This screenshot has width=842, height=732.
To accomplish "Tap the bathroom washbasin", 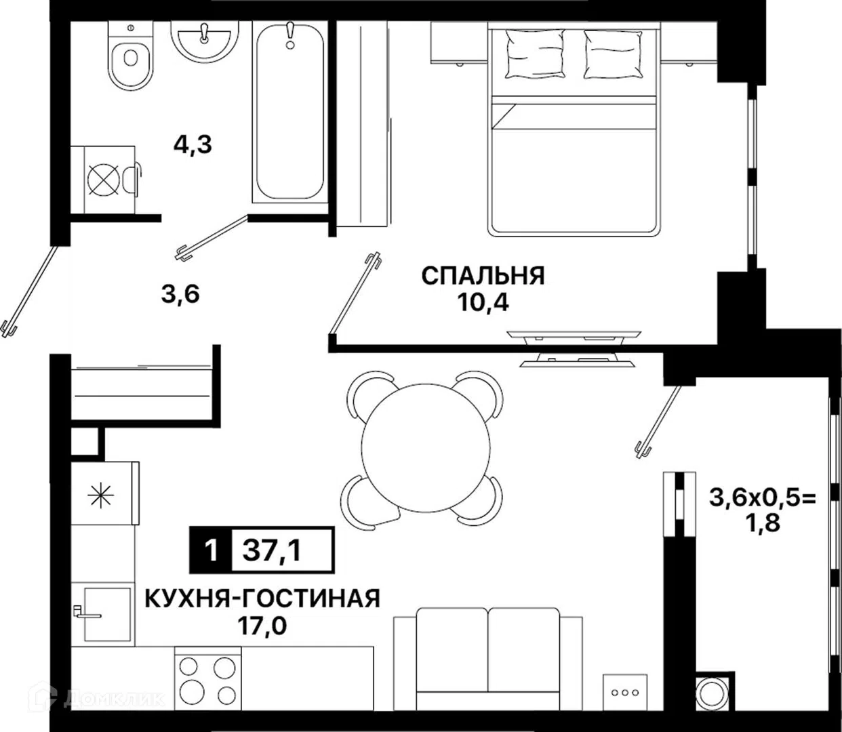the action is [x=205, y=41].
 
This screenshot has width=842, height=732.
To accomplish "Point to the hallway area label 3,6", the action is [x=180, y=295].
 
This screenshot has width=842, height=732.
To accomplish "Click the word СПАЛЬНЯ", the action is [x=483, y=276].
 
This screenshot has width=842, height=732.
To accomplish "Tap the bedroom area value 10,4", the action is [x=483, y=303].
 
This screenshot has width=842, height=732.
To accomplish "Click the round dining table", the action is [x=426, y=448].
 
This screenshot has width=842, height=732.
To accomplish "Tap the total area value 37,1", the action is [x=273, y=550].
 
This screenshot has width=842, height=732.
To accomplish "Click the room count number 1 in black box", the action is [x=211, y=550].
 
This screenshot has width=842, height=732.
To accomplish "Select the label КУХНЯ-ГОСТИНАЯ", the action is [x=262, y=599].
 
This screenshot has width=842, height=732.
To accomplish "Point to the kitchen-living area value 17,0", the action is [x=262, y=627].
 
